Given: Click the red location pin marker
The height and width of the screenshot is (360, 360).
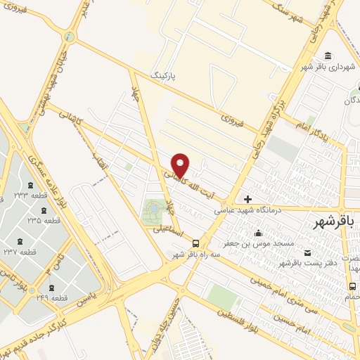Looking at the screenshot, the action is click(181, 165).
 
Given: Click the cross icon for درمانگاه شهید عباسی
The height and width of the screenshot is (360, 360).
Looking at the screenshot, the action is click(247, 200).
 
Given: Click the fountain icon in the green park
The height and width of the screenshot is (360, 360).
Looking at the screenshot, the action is click(153, 209).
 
